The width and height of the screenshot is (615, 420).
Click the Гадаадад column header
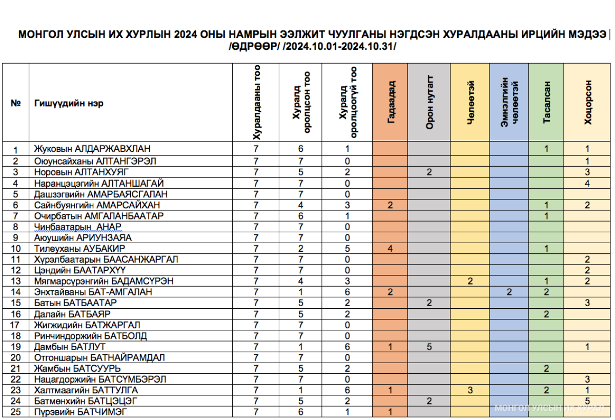tap(391, 103)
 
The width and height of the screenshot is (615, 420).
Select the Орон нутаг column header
tap(429, 103)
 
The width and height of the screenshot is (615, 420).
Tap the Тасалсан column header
tap(546, 103)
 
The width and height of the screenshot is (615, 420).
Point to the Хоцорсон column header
tap(587, 103)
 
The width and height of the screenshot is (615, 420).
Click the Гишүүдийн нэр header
tap(69, 103)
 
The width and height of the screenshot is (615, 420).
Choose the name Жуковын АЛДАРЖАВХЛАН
tap(92, 149)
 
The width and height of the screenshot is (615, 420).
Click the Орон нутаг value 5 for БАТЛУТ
tap(429, 347)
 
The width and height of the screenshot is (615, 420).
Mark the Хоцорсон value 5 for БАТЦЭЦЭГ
tap(587, 401)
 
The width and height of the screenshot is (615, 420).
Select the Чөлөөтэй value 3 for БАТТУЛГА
tap(470, 390)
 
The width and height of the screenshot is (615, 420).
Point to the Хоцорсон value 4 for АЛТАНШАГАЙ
tap(587, 183)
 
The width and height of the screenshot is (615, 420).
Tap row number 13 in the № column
tap(15, 282)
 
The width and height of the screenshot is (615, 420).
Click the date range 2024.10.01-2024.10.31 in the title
tap(339, 47)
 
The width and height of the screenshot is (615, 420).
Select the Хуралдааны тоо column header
tap(257, 103)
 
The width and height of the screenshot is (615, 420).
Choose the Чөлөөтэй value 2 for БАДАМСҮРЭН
tap(470, 281)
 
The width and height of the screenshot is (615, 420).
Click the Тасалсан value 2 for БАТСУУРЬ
tap(546, 368)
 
